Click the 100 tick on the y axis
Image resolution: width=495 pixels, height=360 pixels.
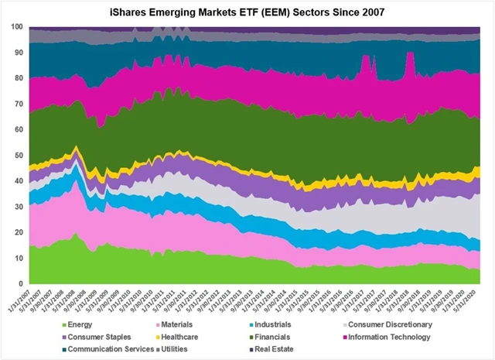pyautogui.click(x=16, y=26)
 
